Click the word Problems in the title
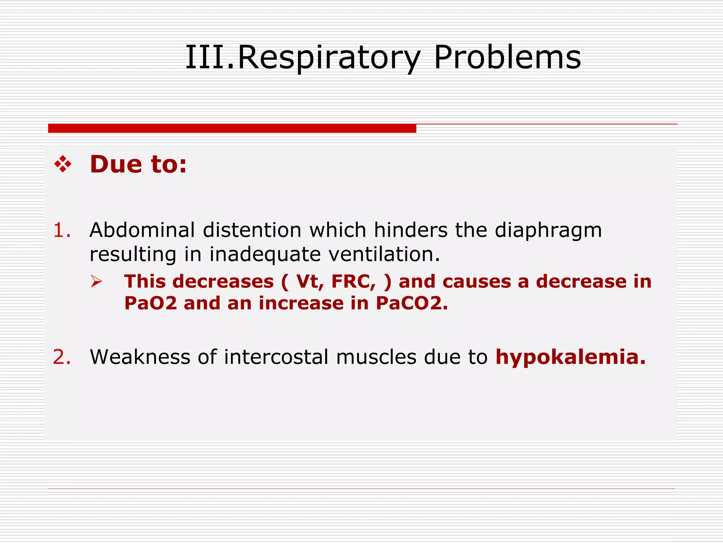point(507,58)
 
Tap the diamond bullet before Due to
point(63,164)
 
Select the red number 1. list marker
point(62,230)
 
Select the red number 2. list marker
point(62,357)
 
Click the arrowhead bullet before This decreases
point(96,281)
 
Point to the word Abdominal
point(142,230)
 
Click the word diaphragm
point(548,231)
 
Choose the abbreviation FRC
point(353,282)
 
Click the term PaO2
point(151,303)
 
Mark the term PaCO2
point(411,303)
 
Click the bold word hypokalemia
point(570,357)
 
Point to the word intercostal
point(276,357)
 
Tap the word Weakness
point(140,357)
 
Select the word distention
point(252,230)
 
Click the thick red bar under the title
point(232,128)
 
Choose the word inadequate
point(265,255)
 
